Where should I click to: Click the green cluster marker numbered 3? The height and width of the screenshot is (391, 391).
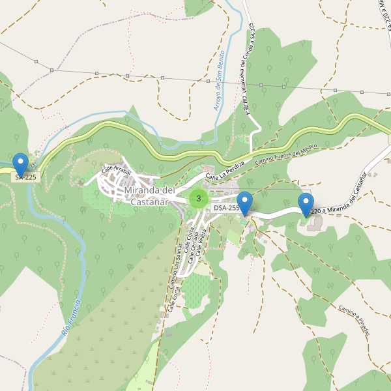pos(199,198)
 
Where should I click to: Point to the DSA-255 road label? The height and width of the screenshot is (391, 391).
pos(226,208)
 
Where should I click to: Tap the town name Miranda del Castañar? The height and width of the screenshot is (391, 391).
pos(149,195)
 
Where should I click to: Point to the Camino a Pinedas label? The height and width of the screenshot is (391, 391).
pos(354,321)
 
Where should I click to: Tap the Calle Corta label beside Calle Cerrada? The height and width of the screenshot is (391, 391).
pos(187,241)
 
